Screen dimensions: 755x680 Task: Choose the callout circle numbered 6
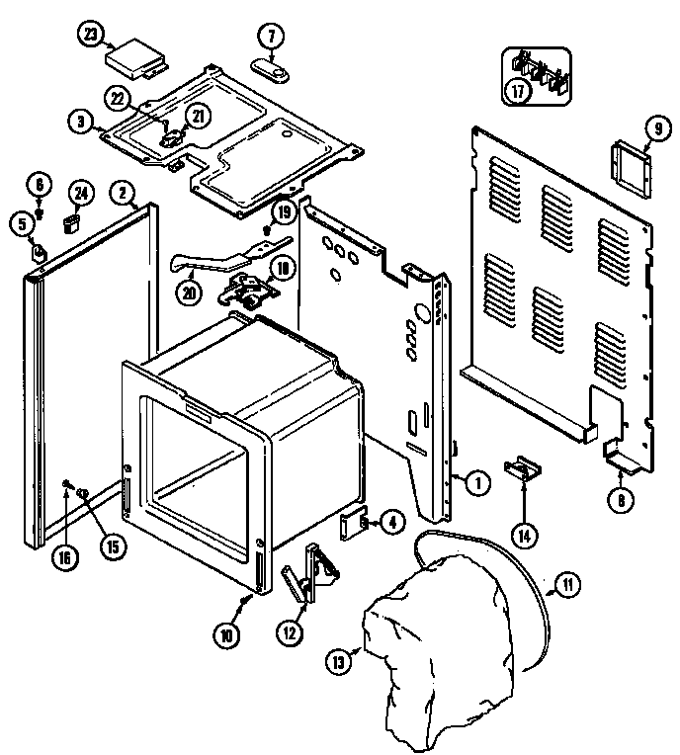tap(39, 185)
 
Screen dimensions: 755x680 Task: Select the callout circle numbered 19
tap(284, 211)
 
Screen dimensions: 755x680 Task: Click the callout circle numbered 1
tap(476, 483)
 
